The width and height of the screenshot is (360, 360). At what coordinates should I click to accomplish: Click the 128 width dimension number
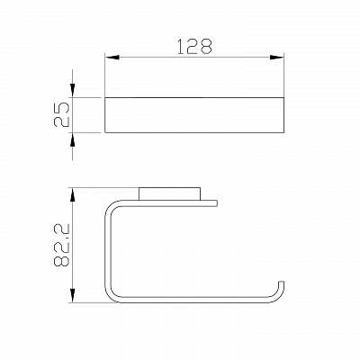coord(195,47)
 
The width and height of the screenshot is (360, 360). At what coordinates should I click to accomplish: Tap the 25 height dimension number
coord(61,114)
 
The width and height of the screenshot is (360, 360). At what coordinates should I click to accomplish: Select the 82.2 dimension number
coord(61,245)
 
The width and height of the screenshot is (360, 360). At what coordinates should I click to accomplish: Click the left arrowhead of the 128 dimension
coord(112,57)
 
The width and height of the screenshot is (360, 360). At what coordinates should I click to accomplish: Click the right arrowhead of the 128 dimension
coord(276,57)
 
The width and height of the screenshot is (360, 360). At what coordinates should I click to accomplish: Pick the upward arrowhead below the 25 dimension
coord(72,139)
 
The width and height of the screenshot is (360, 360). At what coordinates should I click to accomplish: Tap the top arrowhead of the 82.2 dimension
coord(72,195)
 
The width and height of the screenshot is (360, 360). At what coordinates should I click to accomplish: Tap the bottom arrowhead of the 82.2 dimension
coord(72,295)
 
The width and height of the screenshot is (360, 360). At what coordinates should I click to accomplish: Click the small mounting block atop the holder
coord(169,193)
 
